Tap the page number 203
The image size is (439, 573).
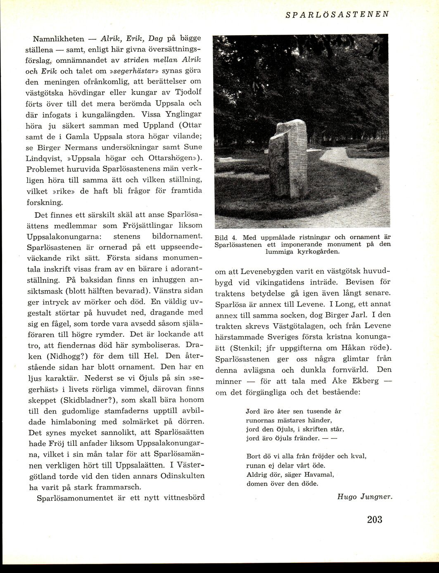[x=375, y=519]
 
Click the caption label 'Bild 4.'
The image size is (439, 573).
[x=225, y=238]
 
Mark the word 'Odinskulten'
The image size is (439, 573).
[x=181, y=476]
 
